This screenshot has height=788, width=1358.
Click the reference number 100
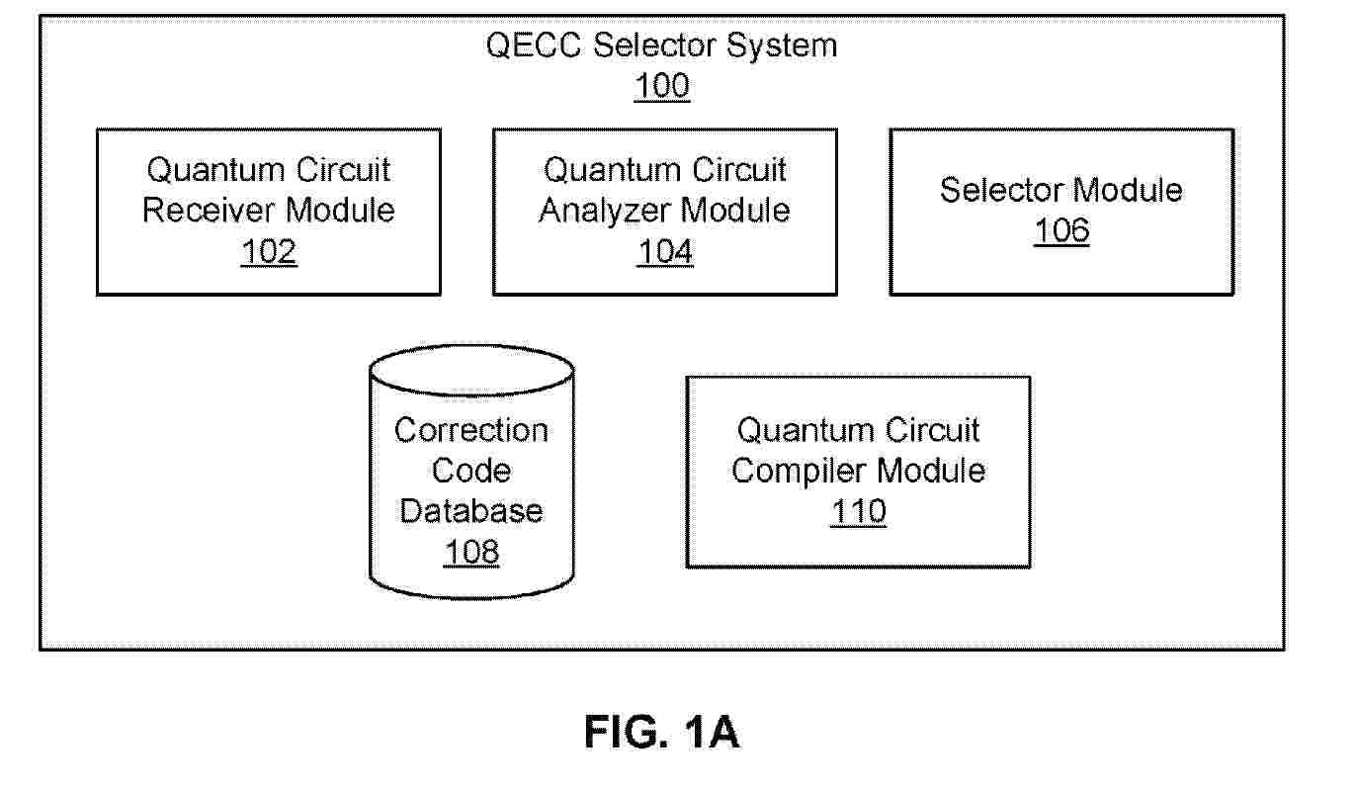pyautogui.click(x=661, y=86)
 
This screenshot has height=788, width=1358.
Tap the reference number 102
pyautogui.click(x=269, y=251)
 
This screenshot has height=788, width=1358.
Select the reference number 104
pyautogui.click(x=665, y=251)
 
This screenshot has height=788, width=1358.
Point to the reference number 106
pyautogui.click(x=1061, y=230)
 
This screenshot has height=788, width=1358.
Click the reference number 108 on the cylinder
pyautogui.click(x=471, y=552)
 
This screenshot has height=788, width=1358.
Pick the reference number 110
pyautogui.click(x=858, y=511)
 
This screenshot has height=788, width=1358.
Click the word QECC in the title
pyautogui.click(x=534, y=45)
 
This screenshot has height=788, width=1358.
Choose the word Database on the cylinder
pyautogui.click(x=471, y=511)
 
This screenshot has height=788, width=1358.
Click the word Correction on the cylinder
pyautogui.click(x=471, y=430)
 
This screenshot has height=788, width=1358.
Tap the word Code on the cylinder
pyautogui.click(x=471, y=471)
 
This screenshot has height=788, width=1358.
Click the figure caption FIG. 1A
pyautogui.click(x=661, y=732)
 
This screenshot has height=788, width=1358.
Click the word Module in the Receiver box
pyautogui.click(x=340, y=211)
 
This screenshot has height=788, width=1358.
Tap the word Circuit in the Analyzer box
pyautogui.click(x=739, y=170)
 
